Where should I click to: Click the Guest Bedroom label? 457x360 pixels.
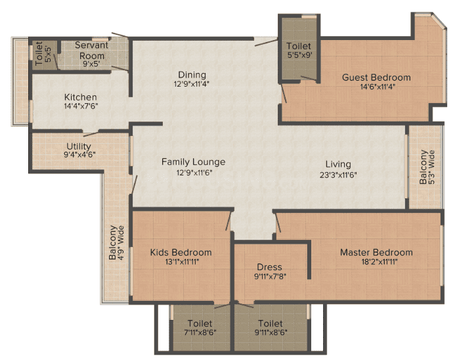(376, 77)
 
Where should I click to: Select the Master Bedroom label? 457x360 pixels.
(376, 252)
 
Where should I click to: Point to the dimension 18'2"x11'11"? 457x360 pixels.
(376, 261)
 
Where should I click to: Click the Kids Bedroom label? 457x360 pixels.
(181, 252)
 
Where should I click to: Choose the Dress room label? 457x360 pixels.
(269, 267)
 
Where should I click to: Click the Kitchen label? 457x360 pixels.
(81, 97)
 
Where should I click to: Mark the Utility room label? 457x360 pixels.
(79, 146)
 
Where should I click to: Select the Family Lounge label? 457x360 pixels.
(194, 162)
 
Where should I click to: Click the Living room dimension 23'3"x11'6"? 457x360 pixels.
(337, 174)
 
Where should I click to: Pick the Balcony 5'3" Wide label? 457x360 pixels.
(423, 168)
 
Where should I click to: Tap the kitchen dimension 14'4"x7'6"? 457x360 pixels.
(81, 106)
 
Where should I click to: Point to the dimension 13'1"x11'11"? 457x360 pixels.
(181, 261)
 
